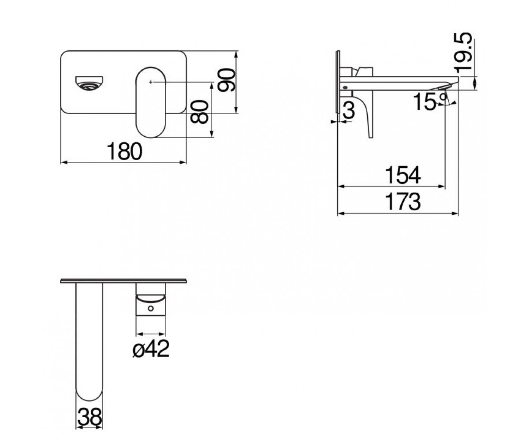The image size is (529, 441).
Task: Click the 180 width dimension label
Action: point(124,151)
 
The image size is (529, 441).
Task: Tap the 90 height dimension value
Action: point(227,80)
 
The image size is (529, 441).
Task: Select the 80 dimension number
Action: point(199,112)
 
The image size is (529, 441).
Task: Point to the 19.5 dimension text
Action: point(462,53)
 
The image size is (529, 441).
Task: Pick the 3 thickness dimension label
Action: point(349,110)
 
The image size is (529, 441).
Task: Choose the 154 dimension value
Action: point(403,175)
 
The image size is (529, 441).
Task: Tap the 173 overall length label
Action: point(403,202)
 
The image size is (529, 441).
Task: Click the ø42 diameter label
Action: point(151,349)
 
